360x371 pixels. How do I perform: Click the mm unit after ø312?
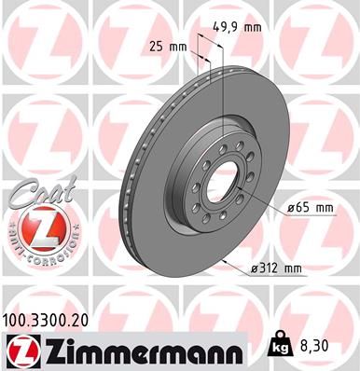click(x=293, y=269)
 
